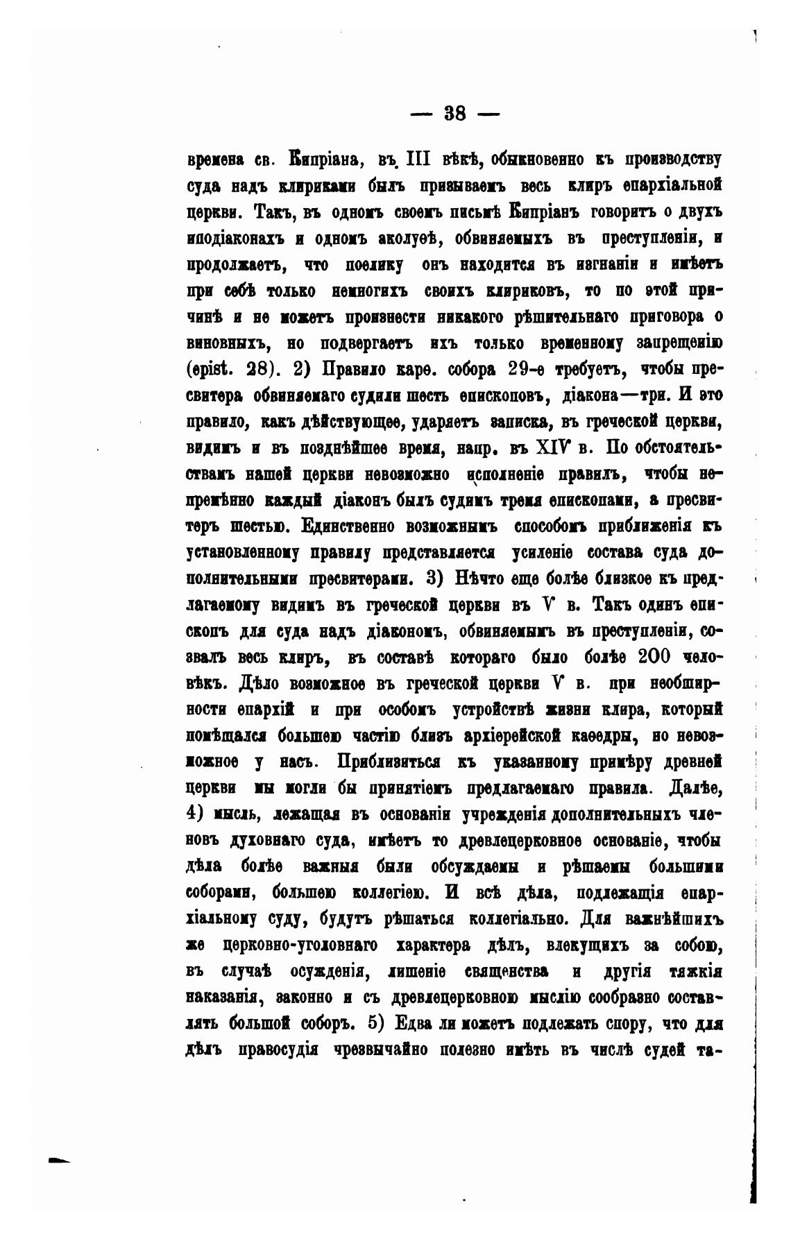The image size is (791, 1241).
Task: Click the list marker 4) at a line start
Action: click(x=199, y=814)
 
